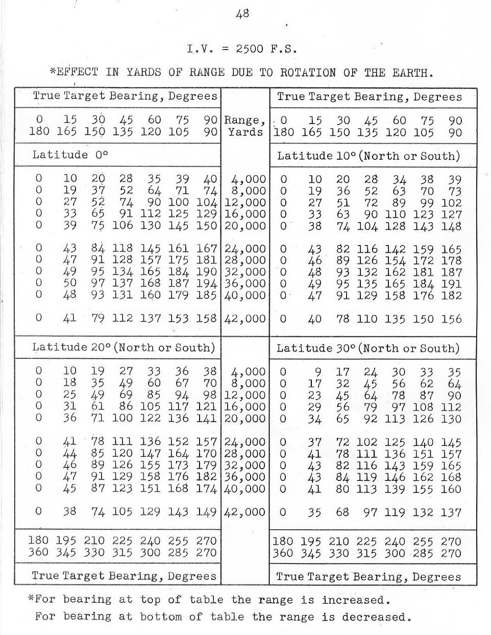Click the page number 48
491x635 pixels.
pos(242,14)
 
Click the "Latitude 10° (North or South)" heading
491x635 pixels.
pos(368,156)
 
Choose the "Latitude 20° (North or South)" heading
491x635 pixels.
pos(123,348)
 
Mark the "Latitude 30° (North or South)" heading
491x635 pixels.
pos(367,349)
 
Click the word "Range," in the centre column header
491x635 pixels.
pos(245,120)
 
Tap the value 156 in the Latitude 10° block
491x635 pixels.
pos(452,319)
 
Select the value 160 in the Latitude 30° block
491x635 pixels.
pos(451,489)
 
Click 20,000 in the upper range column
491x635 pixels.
pos(245,226)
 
